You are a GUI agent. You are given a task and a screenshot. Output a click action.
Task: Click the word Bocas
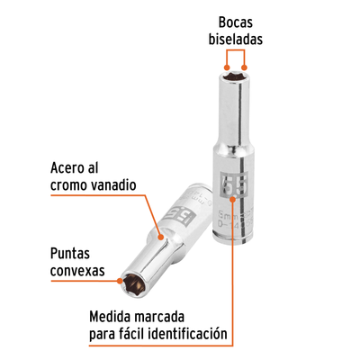[236, 22]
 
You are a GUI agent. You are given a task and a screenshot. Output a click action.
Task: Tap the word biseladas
[236, 40]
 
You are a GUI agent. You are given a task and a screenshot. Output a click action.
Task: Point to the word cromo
[68, 186]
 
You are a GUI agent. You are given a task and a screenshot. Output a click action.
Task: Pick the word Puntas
[70, 254]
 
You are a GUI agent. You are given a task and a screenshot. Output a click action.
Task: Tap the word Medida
[110, 317]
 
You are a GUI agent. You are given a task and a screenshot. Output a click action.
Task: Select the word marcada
[159, 317]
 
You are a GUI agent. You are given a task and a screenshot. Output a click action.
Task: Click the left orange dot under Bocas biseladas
[227, 67]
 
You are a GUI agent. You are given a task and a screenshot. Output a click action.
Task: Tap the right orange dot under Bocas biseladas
[245, 67]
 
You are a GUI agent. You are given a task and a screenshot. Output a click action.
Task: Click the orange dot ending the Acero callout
[161, 238]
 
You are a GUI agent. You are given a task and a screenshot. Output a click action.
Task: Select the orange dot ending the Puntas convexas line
[120, 281]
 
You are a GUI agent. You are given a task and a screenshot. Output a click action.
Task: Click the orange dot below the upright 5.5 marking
[233, 199]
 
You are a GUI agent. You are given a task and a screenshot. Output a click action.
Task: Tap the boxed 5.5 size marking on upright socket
[234, 184]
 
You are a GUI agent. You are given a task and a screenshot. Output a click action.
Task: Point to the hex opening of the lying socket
[132, 283]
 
